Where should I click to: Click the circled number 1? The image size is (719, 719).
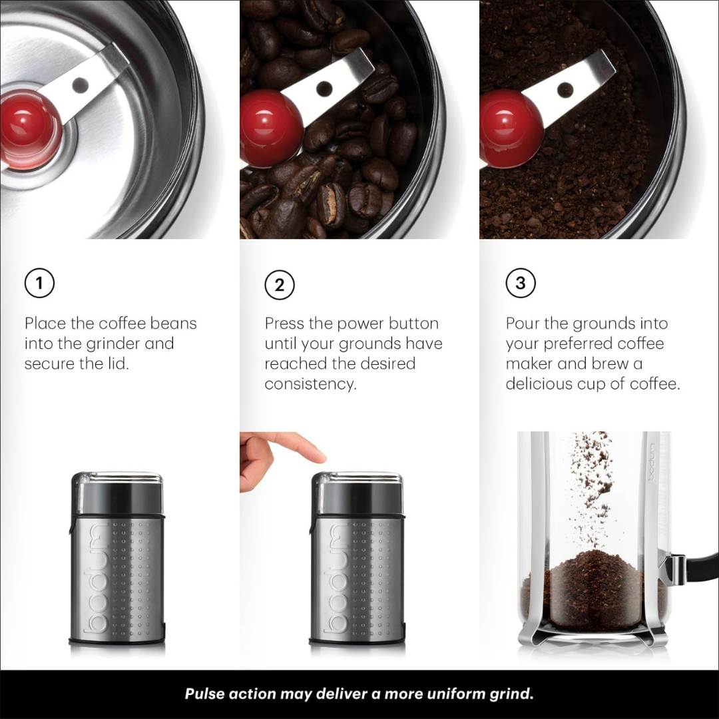tap(39, 284)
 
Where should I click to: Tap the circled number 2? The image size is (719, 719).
tap(280, 285)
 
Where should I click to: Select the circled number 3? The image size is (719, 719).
tap(520, 284)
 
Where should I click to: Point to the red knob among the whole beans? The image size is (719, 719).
tap(270, 128)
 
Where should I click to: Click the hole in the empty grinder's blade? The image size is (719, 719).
tap(81, 85)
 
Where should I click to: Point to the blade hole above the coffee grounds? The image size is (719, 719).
tap(565, 87)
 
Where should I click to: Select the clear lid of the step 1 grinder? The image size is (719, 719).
tap(117, 486)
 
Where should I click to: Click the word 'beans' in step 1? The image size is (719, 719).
tap(173, 324)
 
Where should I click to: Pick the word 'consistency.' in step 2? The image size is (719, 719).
tap(310, 384)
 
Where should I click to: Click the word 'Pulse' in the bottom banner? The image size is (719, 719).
tap(204, 694)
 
